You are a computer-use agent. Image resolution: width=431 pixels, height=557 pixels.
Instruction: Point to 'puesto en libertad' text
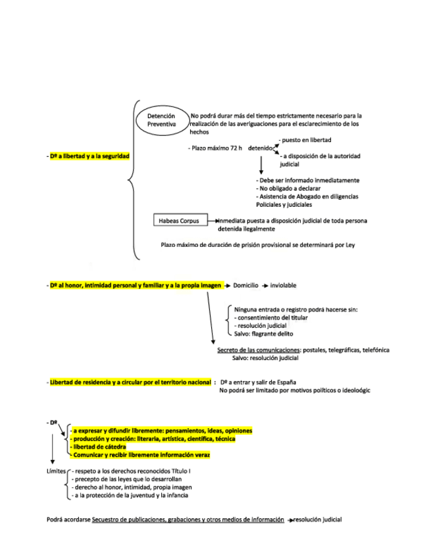(x=306, y=140)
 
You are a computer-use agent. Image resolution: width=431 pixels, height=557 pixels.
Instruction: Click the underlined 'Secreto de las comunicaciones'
(x=258, y=350)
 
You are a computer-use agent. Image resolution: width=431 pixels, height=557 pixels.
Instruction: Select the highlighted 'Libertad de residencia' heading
(x=130, y=382)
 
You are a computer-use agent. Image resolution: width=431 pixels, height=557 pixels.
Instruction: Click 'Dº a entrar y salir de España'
(x=258, y=382)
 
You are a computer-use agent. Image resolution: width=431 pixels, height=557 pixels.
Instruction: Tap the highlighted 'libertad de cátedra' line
(x=99, y=447)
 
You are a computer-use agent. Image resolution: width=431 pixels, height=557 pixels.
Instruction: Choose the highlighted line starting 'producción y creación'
(x=154, y=439)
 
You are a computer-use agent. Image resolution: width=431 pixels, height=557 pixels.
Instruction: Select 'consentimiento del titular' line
(x=271, y=317)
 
